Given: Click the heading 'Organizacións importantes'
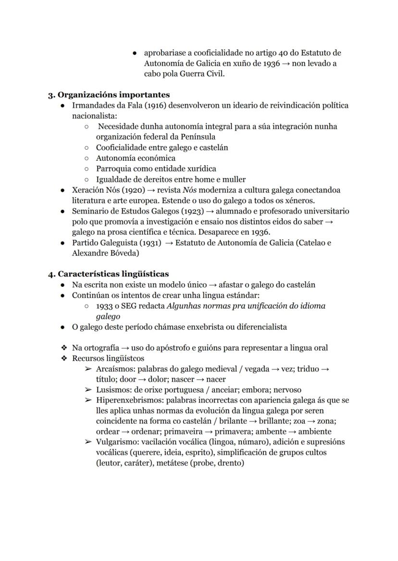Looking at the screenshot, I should (x=113, y=95).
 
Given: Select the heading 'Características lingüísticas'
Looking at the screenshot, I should (x=113, y=274).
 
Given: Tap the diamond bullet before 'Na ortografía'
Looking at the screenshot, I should (x=63, y=348).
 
